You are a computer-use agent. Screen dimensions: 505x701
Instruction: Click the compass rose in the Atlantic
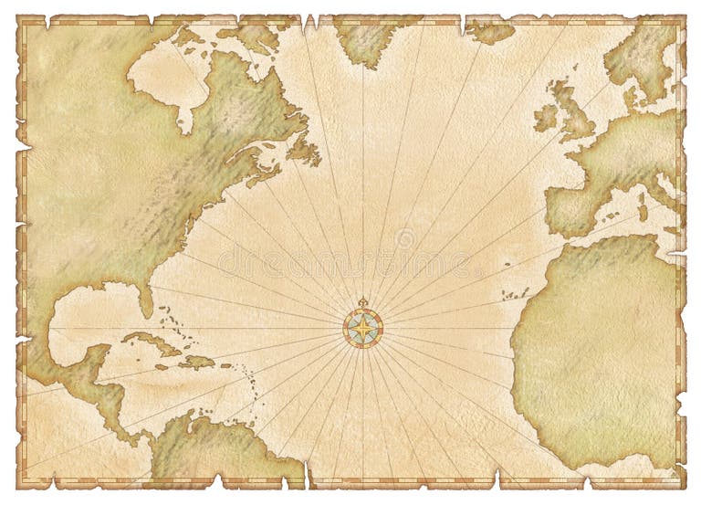pos(362,327)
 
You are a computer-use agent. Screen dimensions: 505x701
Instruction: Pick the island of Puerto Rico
pos(225,368)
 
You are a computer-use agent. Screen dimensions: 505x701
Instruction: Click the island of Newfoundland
pos(303,150)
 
